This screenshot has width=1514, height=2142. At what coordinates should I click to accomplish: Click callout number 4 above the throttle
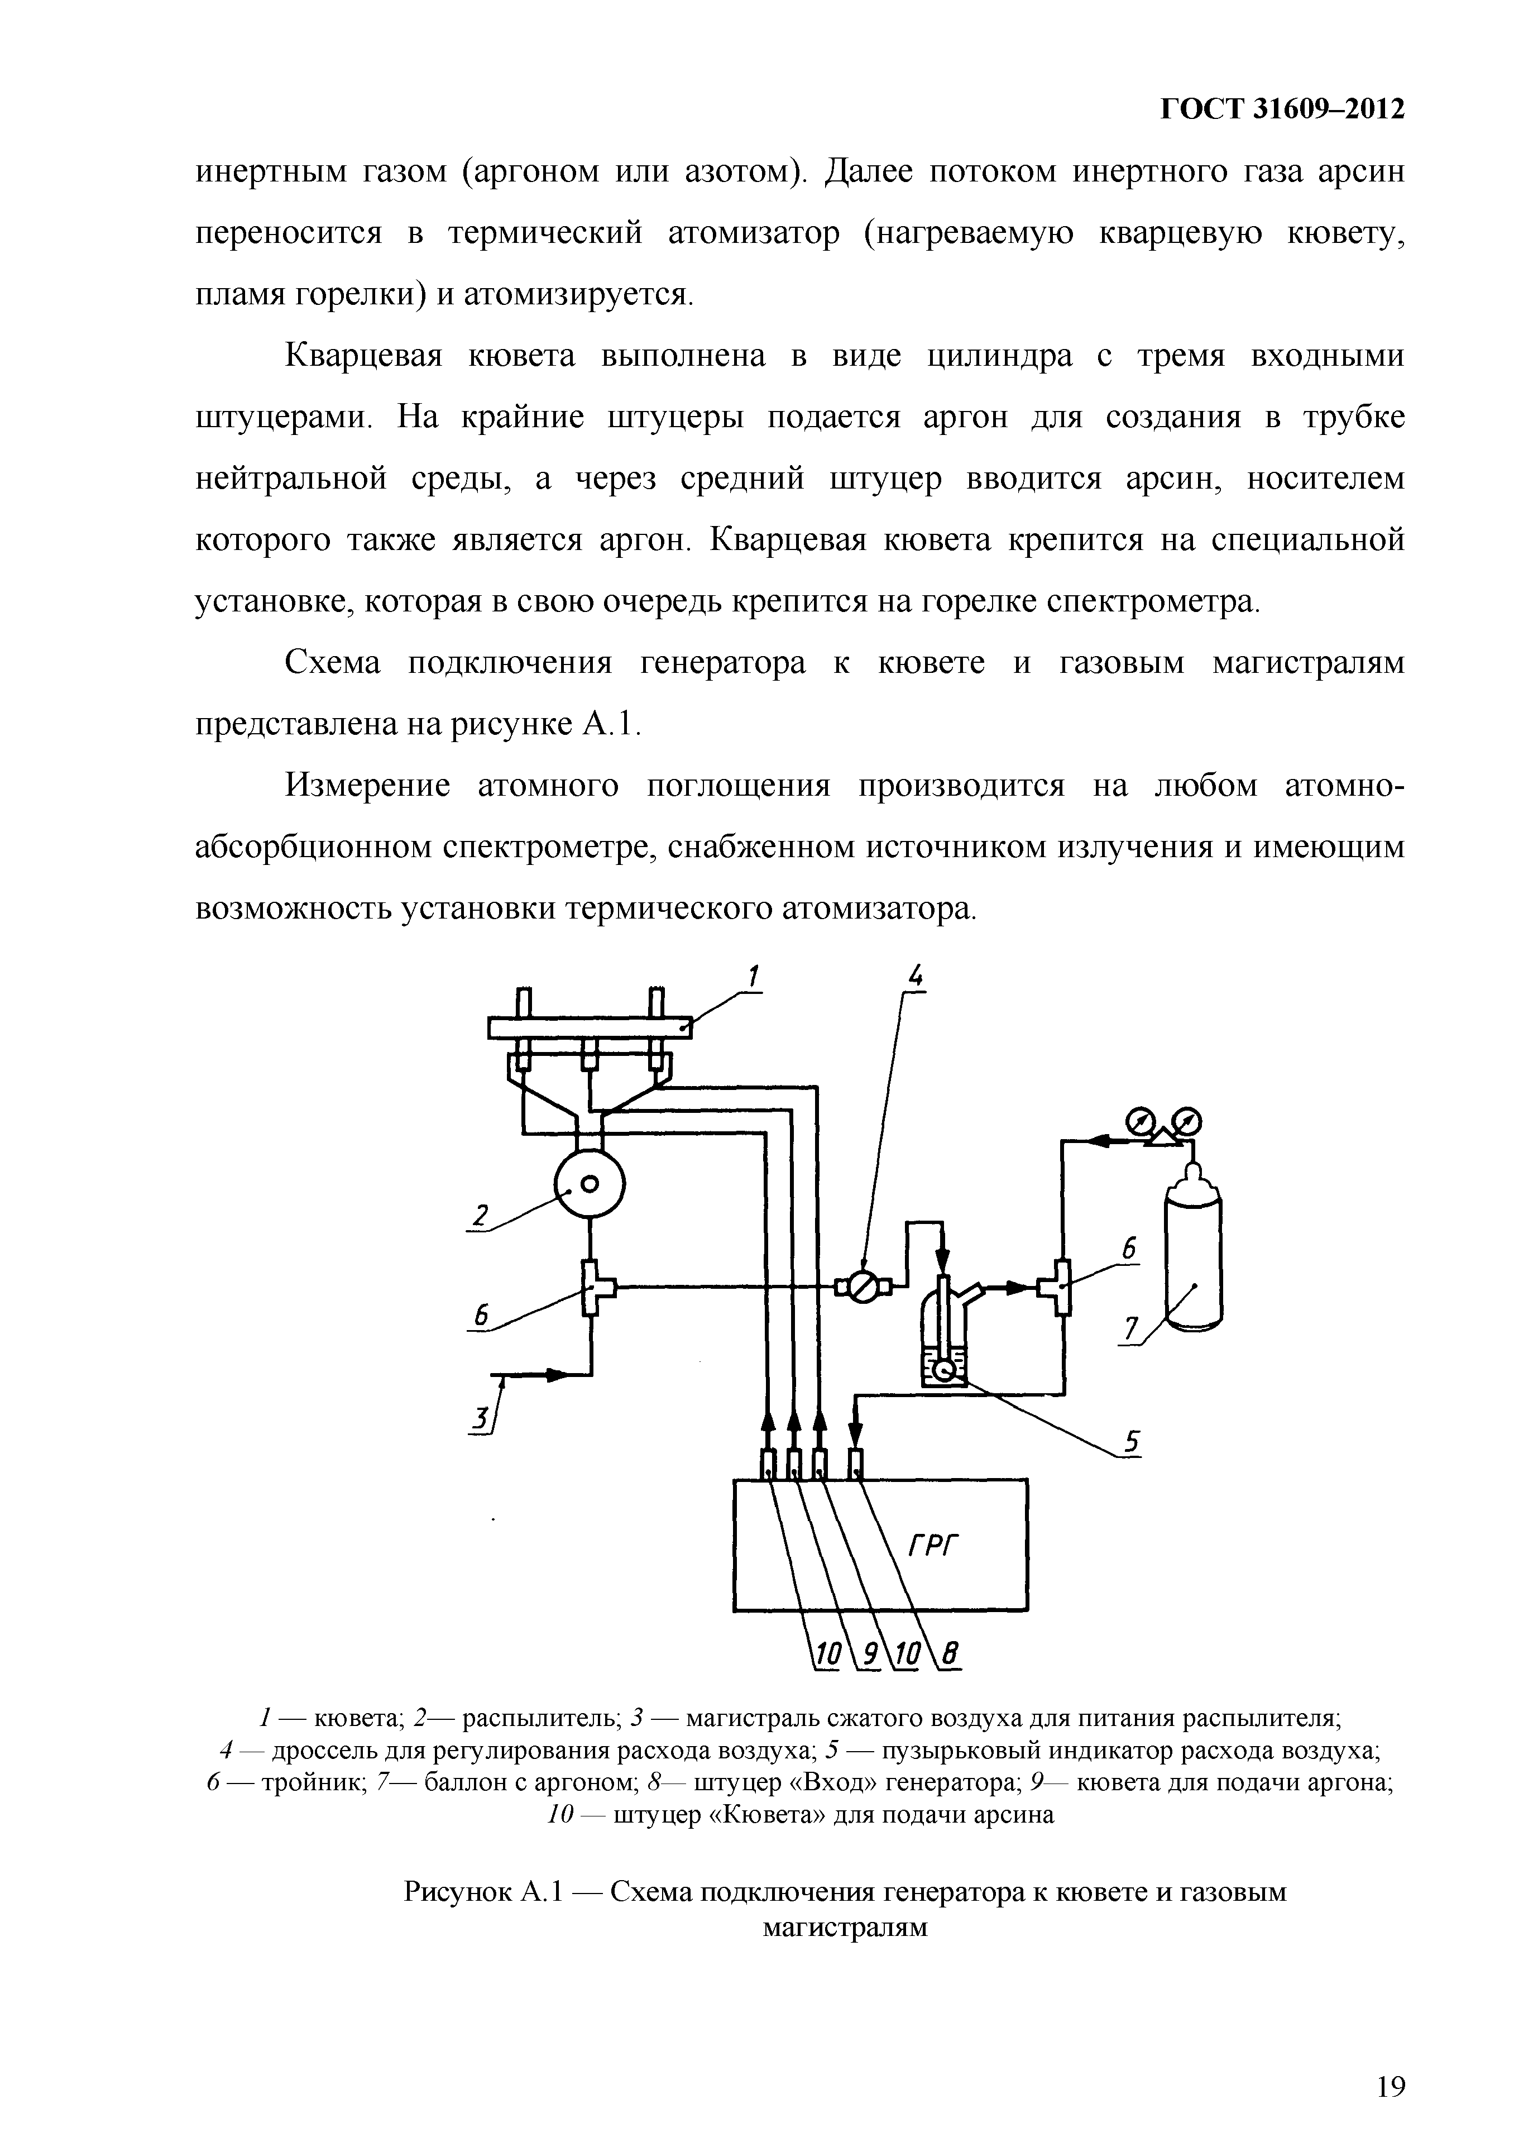[916, 977]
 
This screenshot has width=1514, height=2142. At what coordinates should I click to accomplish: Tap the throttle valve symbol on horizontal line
[863, 1288]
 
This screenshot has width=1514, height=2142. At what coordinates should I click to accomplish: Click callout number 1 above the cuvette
[753, 976]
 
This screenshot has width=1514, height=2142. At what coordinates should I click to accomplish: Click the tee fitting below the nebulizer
[591, 1288]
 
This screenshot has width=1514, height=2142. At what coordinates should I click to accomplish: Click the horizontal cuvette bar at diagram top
[590, 1027]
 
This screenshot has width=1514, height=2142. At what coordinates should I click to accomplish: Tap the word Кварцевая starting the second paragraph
[363, 356]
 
